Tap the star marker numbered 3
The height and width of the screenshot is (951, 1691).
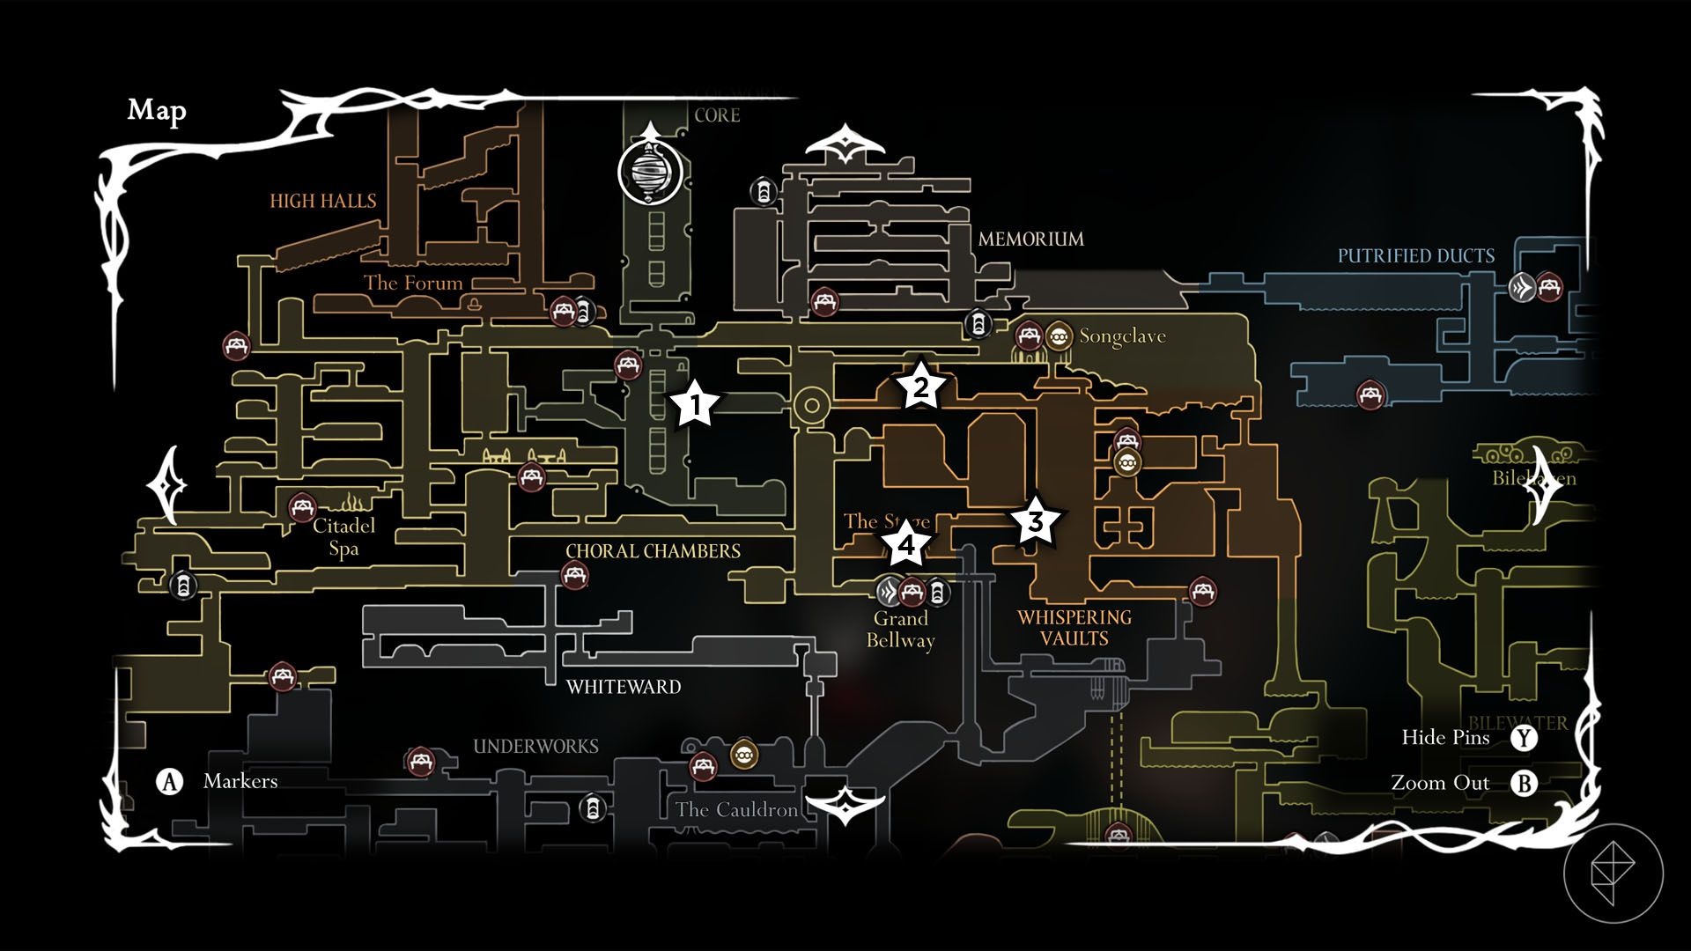1036,521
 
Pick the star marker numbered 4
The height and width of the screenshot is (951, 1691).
906,545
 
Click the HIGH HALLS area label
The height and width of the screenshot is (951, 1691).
322,201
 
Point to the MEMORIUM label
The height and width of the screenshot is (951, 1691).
1030,239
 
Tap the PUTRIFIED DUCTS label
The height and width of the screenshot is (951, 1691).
1415,256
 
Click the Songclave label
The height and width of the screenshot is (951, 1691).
1122,336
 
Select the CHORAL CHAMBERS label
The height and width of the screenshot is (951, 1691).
653,551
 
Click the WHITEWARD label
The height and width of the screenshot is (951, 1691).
624,687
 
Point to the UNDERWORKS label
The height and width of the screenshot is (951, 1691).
535,747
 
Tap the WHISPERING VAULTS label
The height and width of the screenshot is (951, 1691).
1074,628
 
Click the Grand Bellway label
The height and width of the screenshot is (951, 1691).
900,630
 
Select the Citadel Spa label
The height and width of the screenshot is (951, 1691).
343,537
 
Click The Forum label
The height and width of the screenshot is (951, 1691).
413,283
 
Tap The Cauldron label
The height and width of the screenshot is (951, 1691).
736,810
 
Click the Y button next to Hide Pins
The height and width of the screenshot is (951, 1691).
1524,738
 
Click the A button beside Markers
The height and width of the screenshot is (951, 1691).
169,782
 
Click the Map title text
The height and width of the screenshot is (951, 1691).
157,110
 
